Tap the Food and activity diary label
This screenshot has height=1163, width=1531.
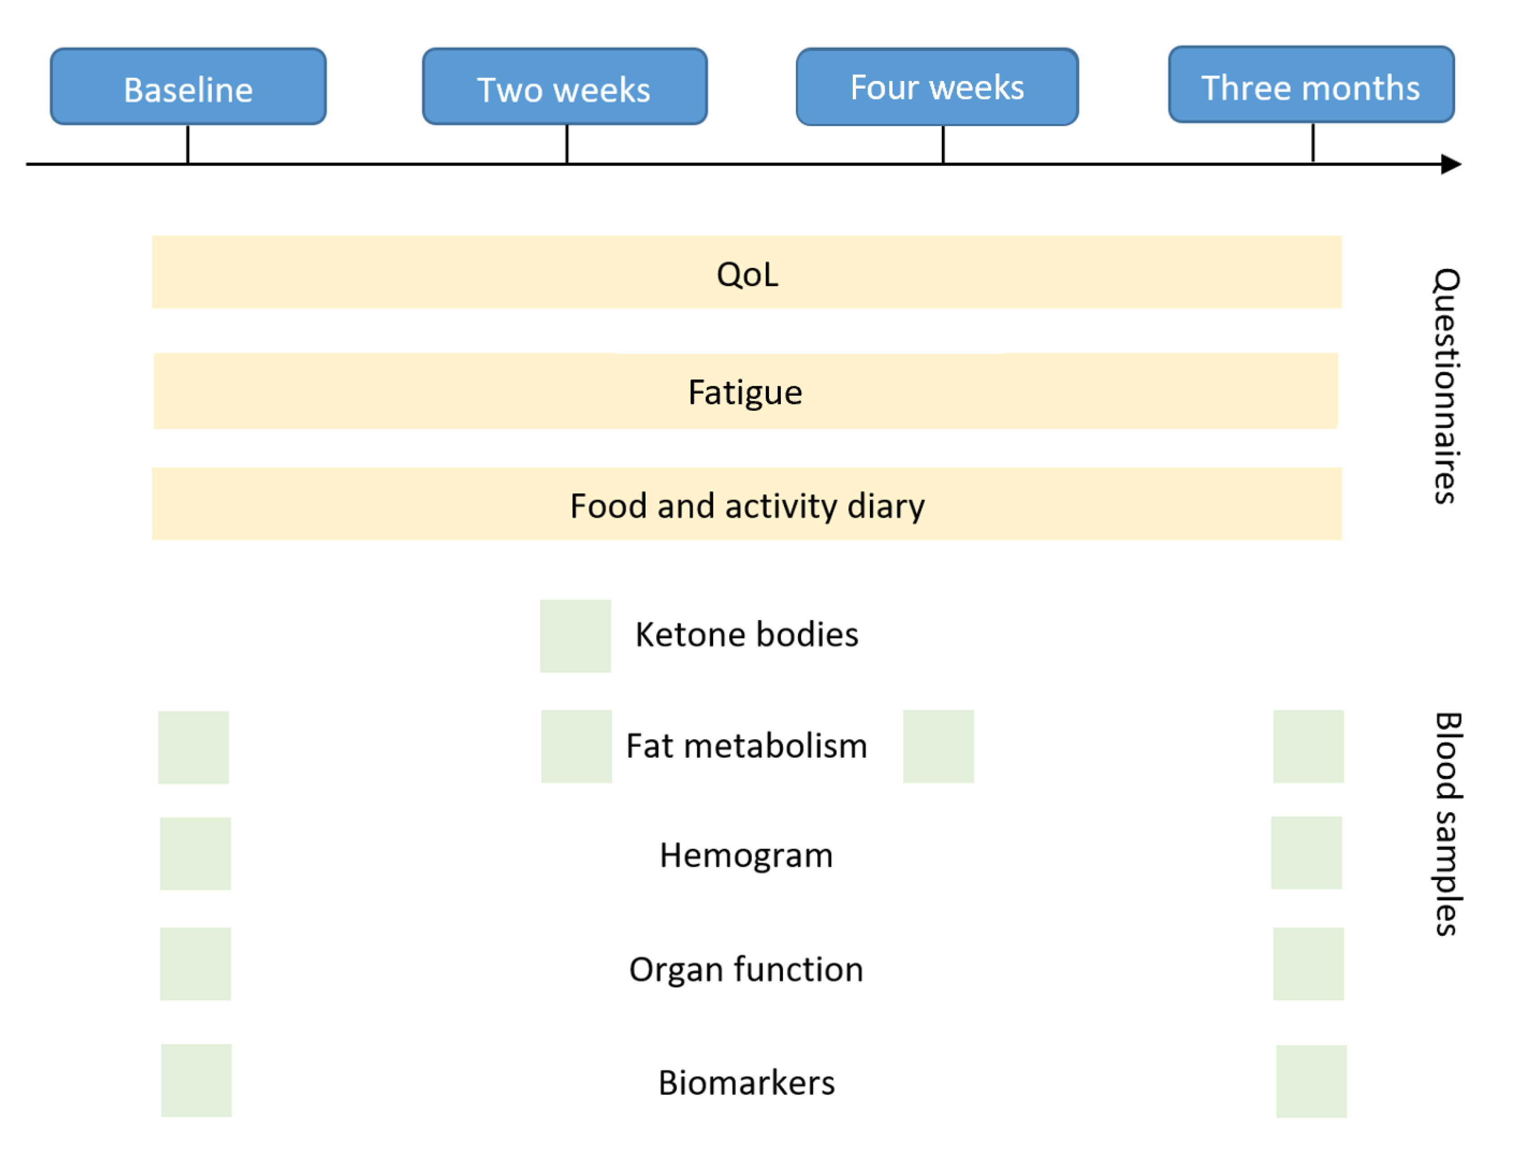[x=747, y=506]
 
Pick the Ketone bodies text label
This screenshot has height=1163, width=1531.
[x=747, y=635]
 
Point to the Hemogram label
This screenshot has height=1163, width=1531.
[x=746, y=856]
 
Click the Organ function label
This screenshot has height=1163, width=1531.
[x=746, y=969]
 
